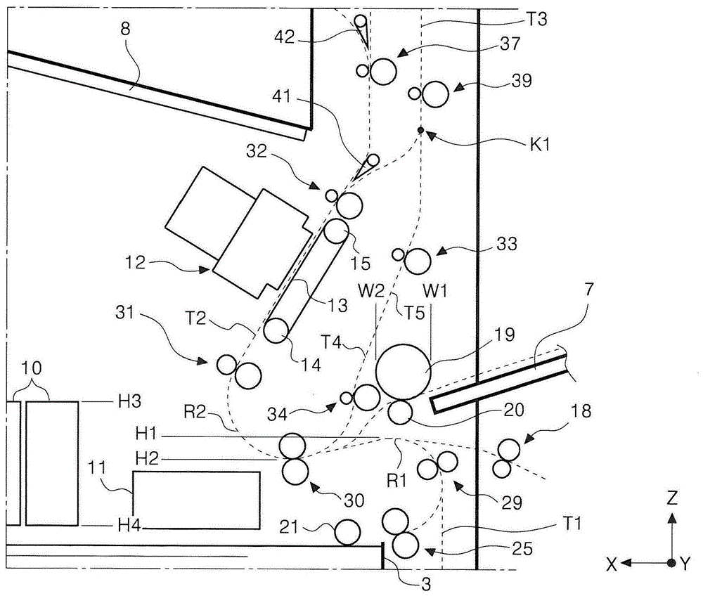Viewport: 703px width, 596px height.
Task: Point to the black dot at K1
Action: click(420, 130)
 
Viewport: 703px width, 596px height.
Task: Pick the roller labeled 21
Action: click(347, 532)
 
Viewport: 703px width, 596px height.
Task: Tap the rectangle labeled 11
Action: click(196, 500)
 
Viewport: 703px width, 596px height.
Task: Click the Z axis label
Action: click(672, 499)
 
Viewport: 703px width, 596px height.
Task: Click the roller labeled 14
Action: click(276, 329)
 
